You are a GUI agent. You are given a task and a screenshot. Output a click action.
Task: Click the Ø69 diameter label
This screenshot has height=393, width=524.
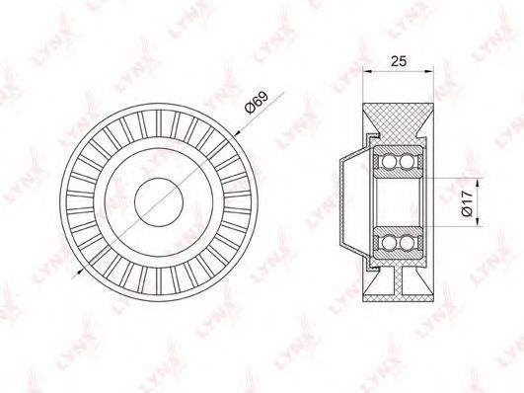click(257, 102)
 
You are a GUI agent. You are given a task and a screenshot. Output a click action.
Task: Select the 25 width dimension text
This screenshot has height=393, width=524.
click(399, 61)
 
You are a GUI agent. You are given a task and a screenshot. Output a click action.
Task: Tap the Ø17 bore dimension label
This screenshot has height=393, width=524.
click(467, 202)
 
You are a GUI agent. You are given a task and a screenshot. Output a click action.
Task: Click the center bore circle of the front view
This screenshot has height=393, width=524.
click(159, 202)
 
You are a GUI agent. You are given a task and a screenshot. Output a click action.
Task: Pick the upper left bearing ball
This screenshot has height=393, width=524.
click(389, 162)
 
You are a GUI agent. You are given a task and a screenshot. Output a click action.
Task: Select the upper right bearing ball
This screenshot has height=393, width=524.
click(407, 162)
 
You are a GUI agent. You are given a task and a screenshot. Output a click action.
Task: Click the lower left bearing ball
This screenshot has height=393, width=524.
click(389, 242)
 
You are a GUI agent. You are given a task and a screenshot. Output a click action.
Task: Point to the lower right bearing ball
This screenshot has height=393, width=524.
click(407, 242)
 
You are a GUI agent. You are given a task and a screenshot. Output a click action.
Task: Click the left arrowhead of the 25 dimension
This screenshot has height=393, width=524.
click(367, 71)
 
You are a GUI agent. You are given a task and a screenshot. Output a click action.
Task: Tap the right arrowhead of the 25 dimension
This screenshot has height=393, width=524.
click(429, 71)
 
